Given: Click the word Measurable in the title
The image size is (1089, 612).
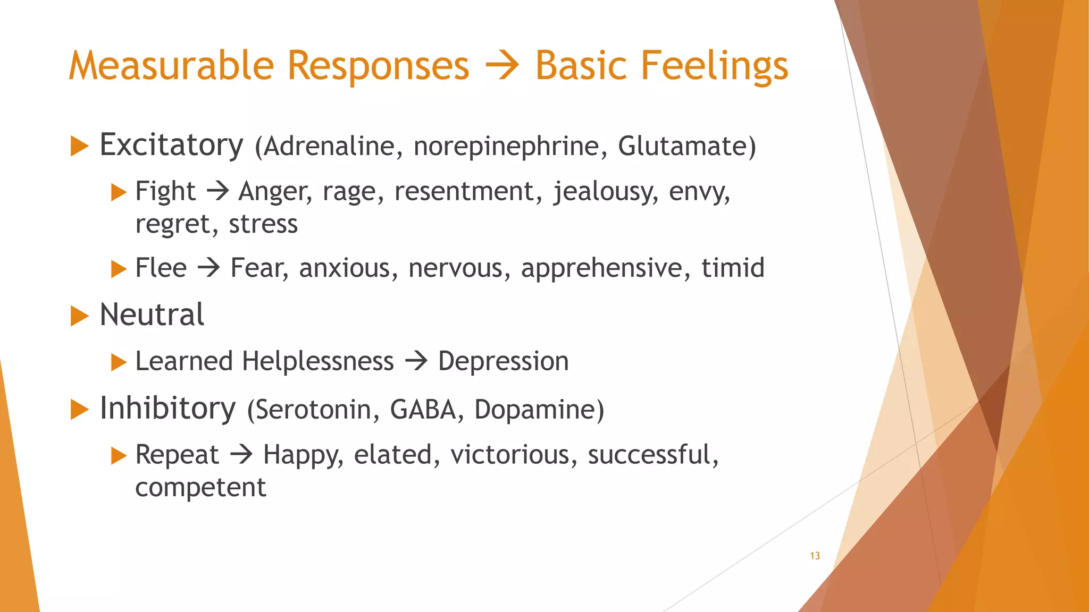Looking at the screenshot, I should pos(171,66).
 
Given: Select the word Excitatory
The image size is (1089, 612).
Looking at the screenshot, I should pos(171,145).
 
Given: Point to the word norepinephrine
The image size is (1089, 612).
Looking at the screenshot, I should pos(506,147).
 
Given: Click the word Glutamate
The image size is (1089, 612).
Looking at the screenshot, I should pos(683,146).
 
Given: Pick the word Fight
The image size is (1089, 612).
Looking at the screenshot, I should pos(165,191).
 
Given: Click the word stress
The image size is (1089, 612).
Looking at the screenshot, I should pos(263,224).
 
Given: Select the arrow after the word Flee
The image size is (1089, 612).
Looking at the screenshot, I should pos(208,267).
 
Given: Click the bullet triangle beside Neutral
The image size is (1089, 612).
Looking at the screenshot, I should pos(79,316).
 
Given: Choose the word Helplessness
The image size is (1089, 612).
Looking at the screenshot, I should pos(318,361).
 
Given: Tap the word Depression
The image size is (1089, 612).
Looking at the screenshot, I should pos(503,362).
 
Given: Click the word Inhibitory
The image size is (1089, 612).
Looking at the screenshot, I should pos(167,409).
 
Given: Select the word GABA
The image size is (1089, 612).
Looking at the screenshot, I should pos(423,410).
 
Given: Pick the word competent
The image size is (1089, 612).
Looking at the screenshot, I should pos(200,487).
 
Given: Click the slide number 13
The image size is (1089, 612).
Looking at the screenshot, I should pos(815,556).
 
